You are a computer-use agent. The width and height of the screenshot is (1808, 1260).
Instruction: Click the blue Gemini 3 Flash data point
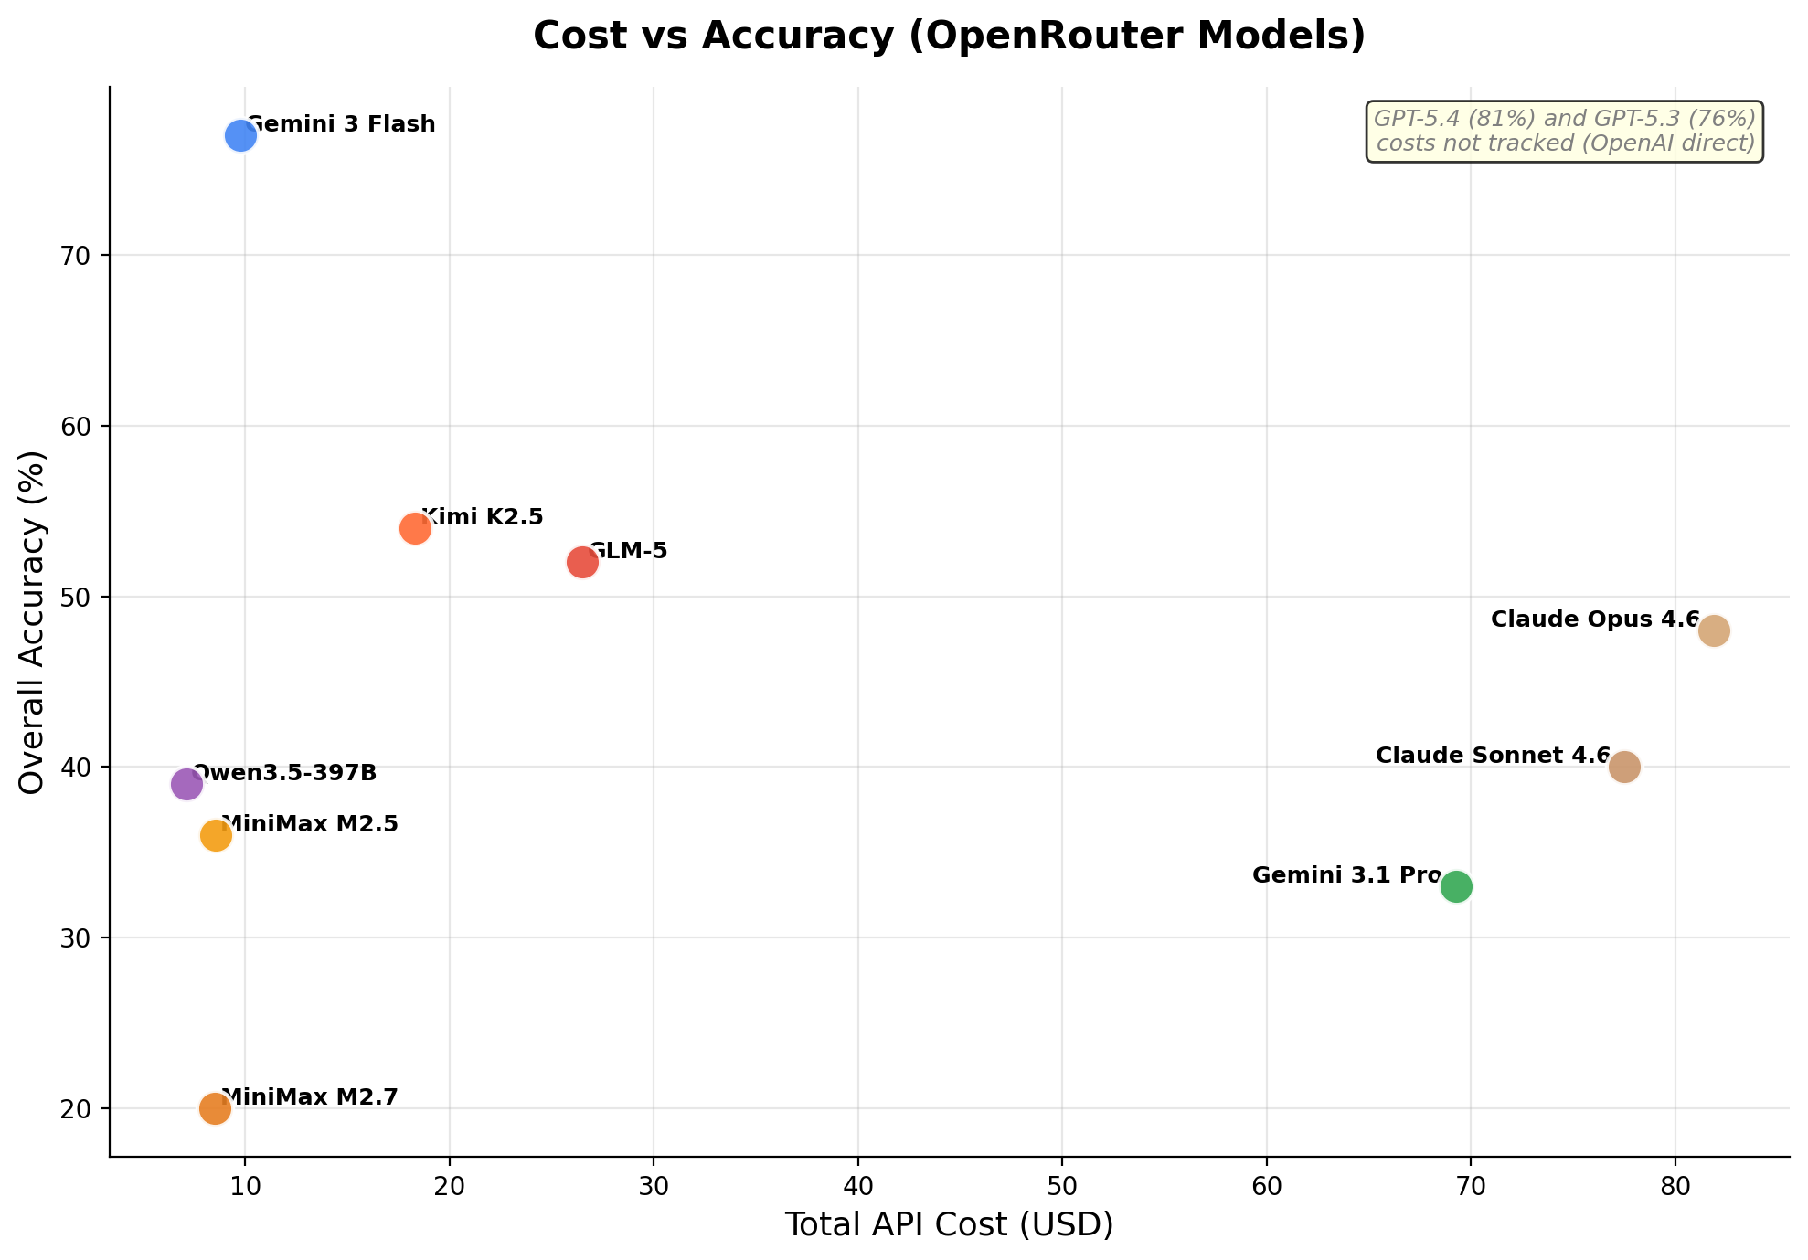[x=240, y=136]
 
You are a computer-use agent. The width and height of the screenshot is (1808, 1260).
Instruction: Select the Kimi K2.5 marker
[x=415, y=528]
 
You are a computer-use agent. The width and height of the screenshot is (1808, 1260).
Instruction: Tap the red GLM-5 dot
[x=582, y=562]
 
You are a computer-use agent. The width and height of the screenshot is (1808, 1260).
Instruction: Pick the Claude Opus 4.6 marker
[x=1714, y=630]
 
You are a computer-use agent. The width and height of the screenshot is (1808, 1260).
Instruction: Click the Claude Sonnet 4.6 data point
[x=1624, y=767]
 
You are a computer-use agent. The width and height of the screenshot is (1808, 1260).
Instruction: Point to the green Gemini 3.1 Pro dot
[x=1456, y=886]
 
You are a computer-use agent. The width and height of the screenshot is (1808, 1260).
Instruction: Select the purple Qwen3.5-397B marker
[x=186, y=784]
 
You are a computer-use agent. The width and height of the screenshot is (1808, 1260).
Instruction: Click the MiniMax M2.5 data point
[x=216, y=835]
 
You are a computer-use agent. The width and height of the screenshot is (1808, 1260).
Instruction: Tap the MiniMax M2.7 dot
[x=215, y=1108]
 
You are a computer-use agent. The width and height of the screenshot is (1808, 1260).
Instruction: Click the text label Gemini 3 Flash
[x=341, y=124]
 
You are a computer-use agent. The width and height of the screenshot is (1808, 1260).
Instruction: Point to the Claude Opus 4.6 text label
[x=1594, y=619]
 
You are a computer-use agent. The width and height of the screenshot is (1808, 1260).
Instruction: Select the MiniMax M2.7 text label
[x=309, y=1096]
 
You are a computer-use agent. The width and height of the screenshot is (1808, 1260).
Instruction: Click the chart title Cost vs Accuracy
[x=949, y=37]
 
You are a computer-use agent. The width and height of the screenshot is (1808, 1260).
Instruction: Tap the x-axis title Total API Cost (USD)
[x=949, y=1224]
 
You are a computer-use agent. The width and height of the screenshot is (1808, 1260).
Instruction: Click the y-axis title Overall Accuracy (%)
[x=32, y=621]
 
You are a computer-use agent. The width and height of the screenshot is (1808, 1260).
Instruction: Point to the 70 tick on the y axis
[x=77, y=256]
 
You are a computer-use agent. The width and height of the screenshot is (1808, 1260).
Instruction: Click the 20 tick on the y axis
[x=77, y=1109]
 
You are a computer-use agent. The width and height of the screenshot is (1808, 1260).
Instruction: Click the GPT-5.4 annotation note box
[x=1564, y=132]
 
